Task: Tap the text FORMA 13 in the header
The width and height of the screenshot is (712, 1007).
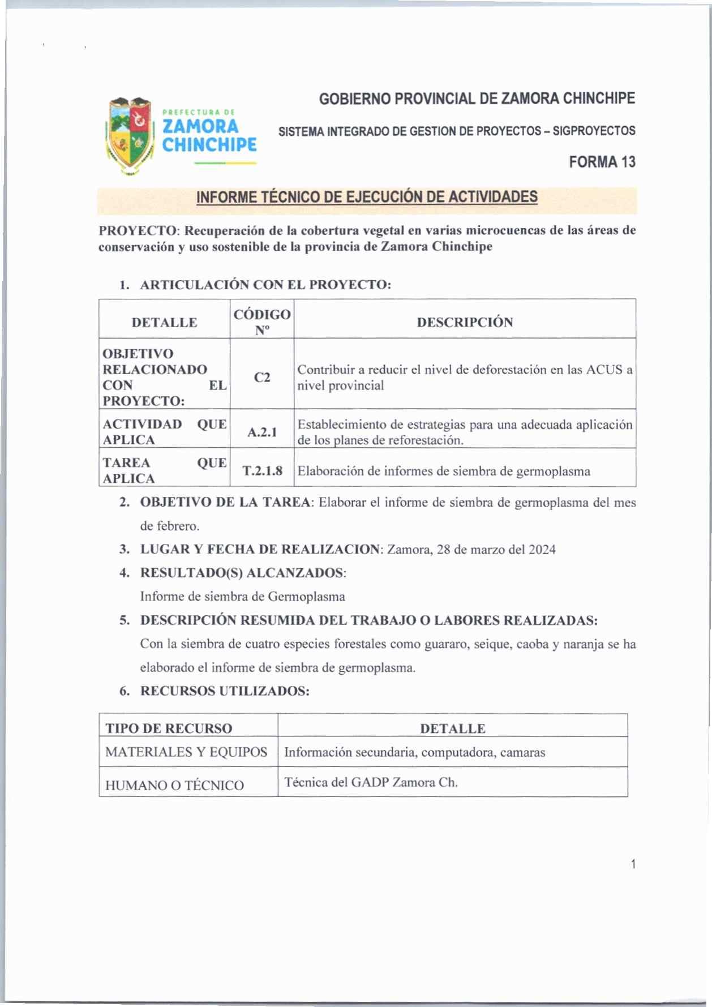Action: (x=602, y=162)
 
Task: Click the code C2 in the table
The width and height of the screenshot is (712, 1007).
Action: (x=262, y=377)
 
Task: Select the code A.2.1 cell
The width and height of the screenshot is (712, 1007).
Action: (x=262, y=432)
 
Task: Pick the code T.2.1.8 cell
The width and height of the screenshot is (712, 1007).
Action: (x=262, y=471)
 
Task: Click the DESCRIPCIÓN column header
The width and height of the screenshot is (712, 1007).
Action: (x=465, y=322)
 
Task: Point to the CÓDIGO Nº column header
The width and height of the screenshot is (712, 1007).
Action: (x=262, y=322)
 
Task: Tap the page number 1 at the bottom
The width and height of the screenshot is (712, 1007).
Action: (x=633, y=864)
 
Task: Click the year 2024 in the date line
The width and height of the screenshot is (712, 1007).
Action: (x=542, y=550)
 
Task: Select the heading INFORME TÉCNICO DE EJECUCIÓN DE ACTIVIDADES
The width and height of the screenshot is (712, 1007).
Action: (x=367, y=198)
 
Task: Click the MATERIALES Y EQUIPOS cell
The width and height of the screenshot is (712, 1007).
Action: (x=186, y=752)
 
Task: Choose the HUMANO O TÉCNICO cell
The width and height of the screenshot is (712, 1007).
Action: (x=174, y=785)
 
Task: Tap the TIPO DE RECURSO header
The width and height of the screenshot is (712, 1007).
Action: (x=169, y=729)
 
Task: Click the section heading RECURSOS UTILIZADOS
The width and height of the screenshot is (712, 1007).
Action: (x=225, y=691)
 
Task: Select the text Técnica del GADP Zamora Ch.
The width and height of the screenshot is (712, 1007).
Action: (x=371, y=782)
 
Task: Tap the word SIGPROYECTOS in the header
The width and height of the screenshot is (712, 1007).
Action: (x=594, y=131)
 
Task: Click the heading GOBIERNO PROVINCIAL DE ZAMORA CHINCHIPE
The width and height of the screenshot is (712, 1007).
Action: (x=477, y=99)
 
